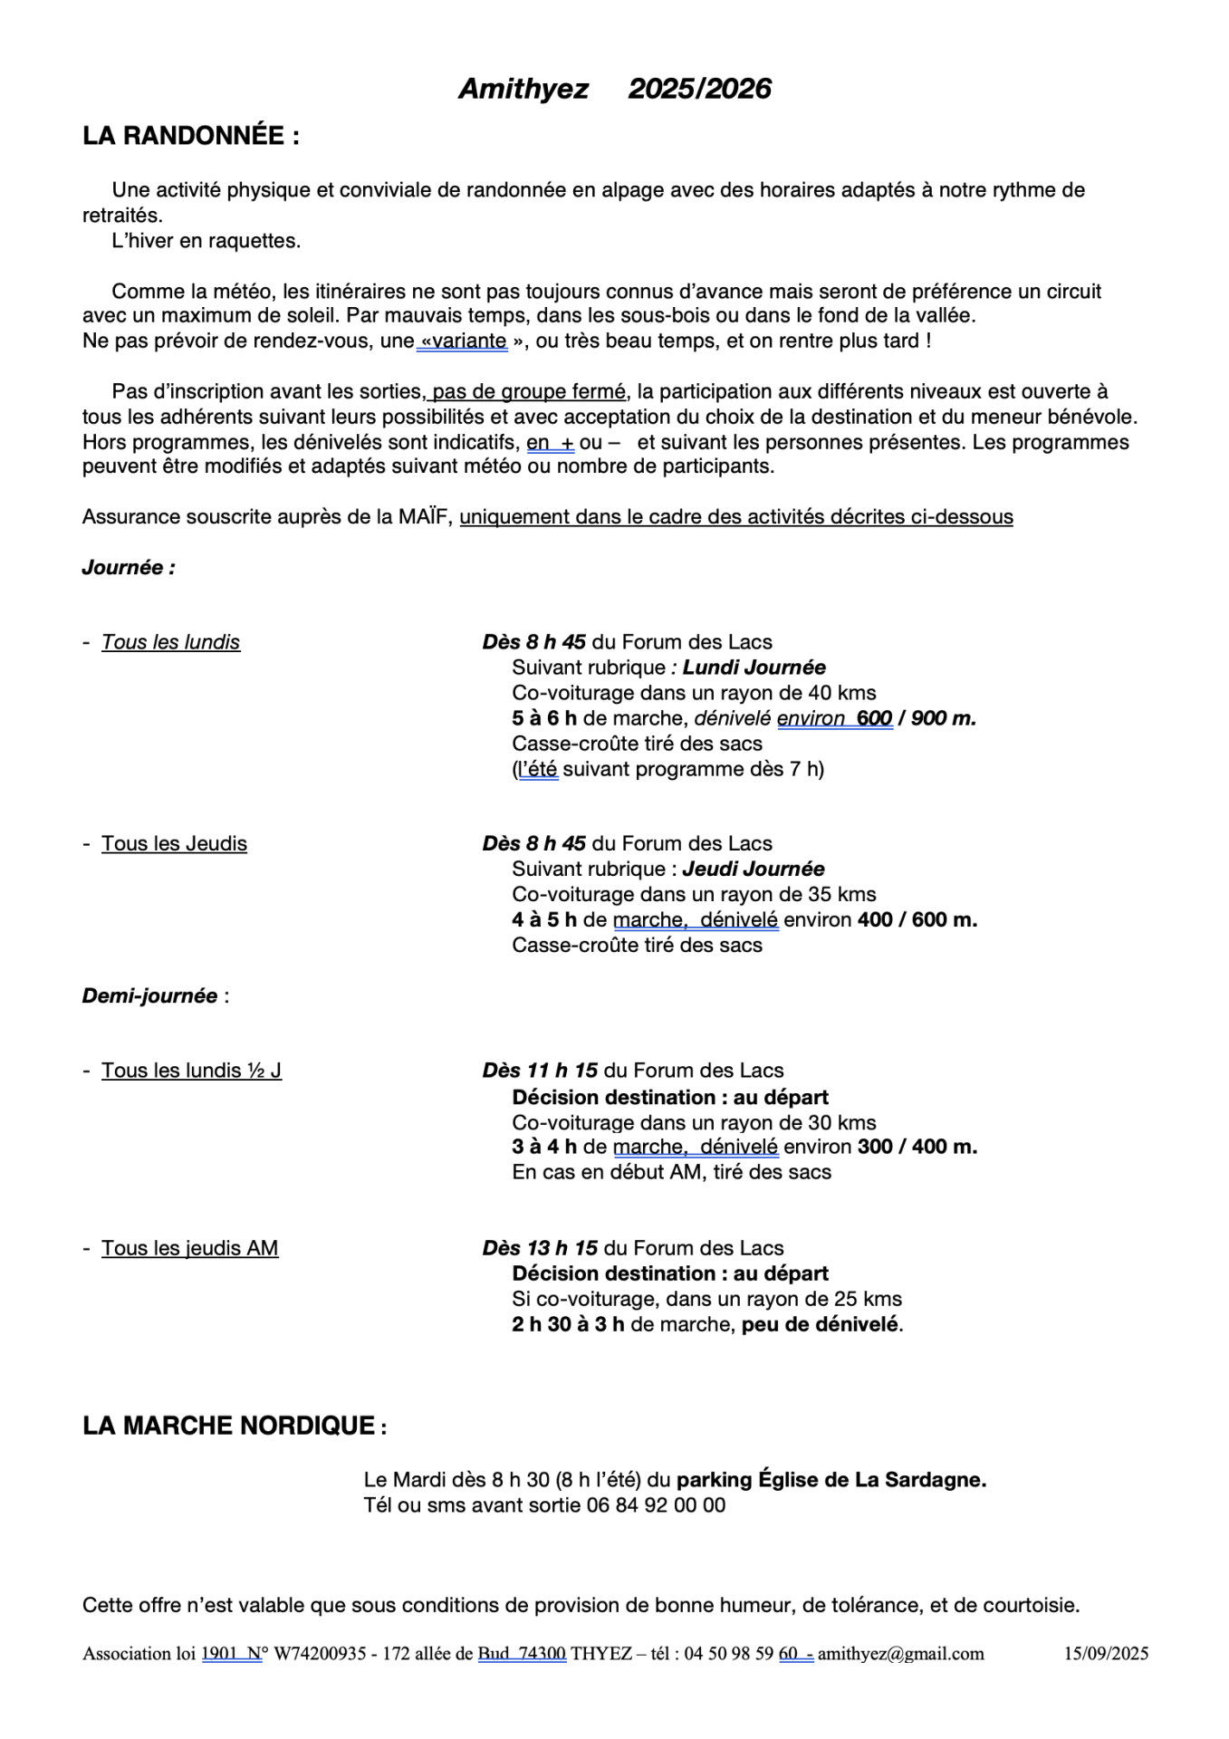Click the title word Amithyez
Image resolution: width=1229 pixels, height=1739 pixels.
(x=523, y=89)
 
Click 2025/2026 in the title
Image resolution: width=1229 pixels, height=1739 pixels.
(x=699, y=89)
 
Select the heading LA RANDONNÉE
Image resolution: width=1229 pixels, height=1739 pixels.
(x=190, y=136)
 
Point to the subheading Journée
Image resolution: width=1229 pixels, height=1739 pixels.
(x=129, y=568)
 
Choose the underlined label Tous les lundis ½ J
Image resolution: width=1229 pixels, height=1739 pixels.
(x=191, y=1071)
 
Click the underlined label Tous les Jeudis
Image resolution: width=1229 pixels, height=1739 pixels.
(x=174, y=844)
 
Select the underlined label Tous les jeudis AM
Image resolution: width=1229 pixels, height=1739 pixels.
(x=189, y=1248)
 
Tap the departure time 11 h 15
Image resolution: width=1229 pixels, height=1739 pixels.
(x=562, y=1071)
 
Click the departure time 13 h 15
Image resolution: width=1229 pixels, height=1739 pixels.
(x=562, y=1248)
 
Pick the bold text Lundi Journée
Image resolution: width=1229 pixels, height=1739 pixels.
(x=754, y=668)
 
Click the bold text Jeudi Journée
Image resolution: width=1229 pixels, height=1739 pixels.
(x=753, y=869)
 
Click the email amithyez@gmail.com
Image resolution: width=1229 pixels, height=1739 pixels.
(x=900, y=1654)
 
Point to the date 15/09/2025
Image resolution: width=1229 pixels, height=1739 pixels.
(x=1105, y=1654)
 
